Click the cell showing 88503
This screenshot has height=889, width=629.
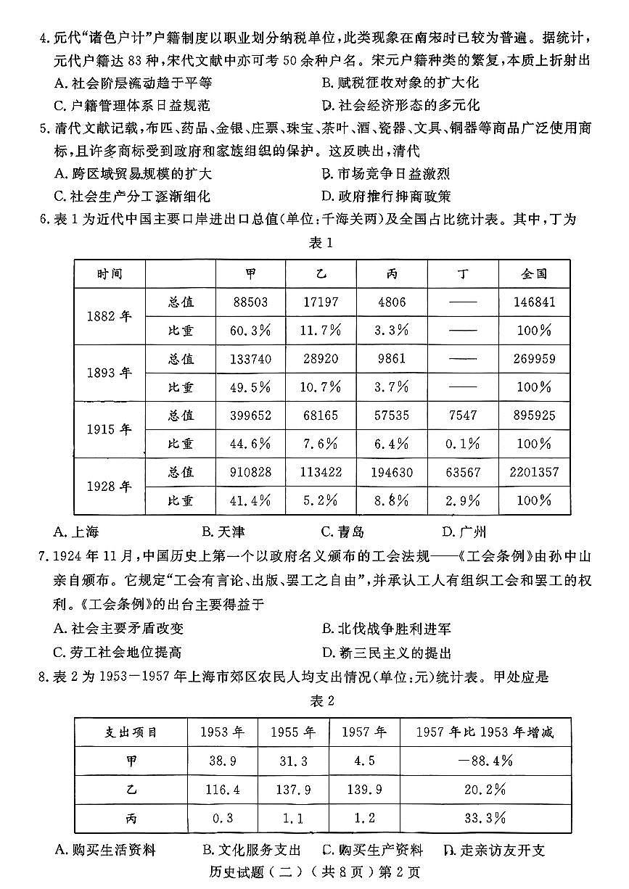(x=250, y=302)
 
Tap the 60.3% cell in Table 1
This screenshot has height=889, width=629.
(x=250, y=330)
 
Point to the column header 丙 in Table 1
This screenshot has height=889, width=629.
(x=392, y=273)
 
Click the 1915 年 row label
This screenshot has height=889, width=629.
(x=109, y=429)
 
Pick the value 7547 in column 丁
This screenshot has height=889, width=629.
(x=463, y=415)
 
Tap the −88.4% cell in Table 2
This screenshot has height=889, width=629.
(x=485, y=761)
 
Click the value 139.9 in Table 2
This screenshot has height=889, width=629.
(x=364, y=790)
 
